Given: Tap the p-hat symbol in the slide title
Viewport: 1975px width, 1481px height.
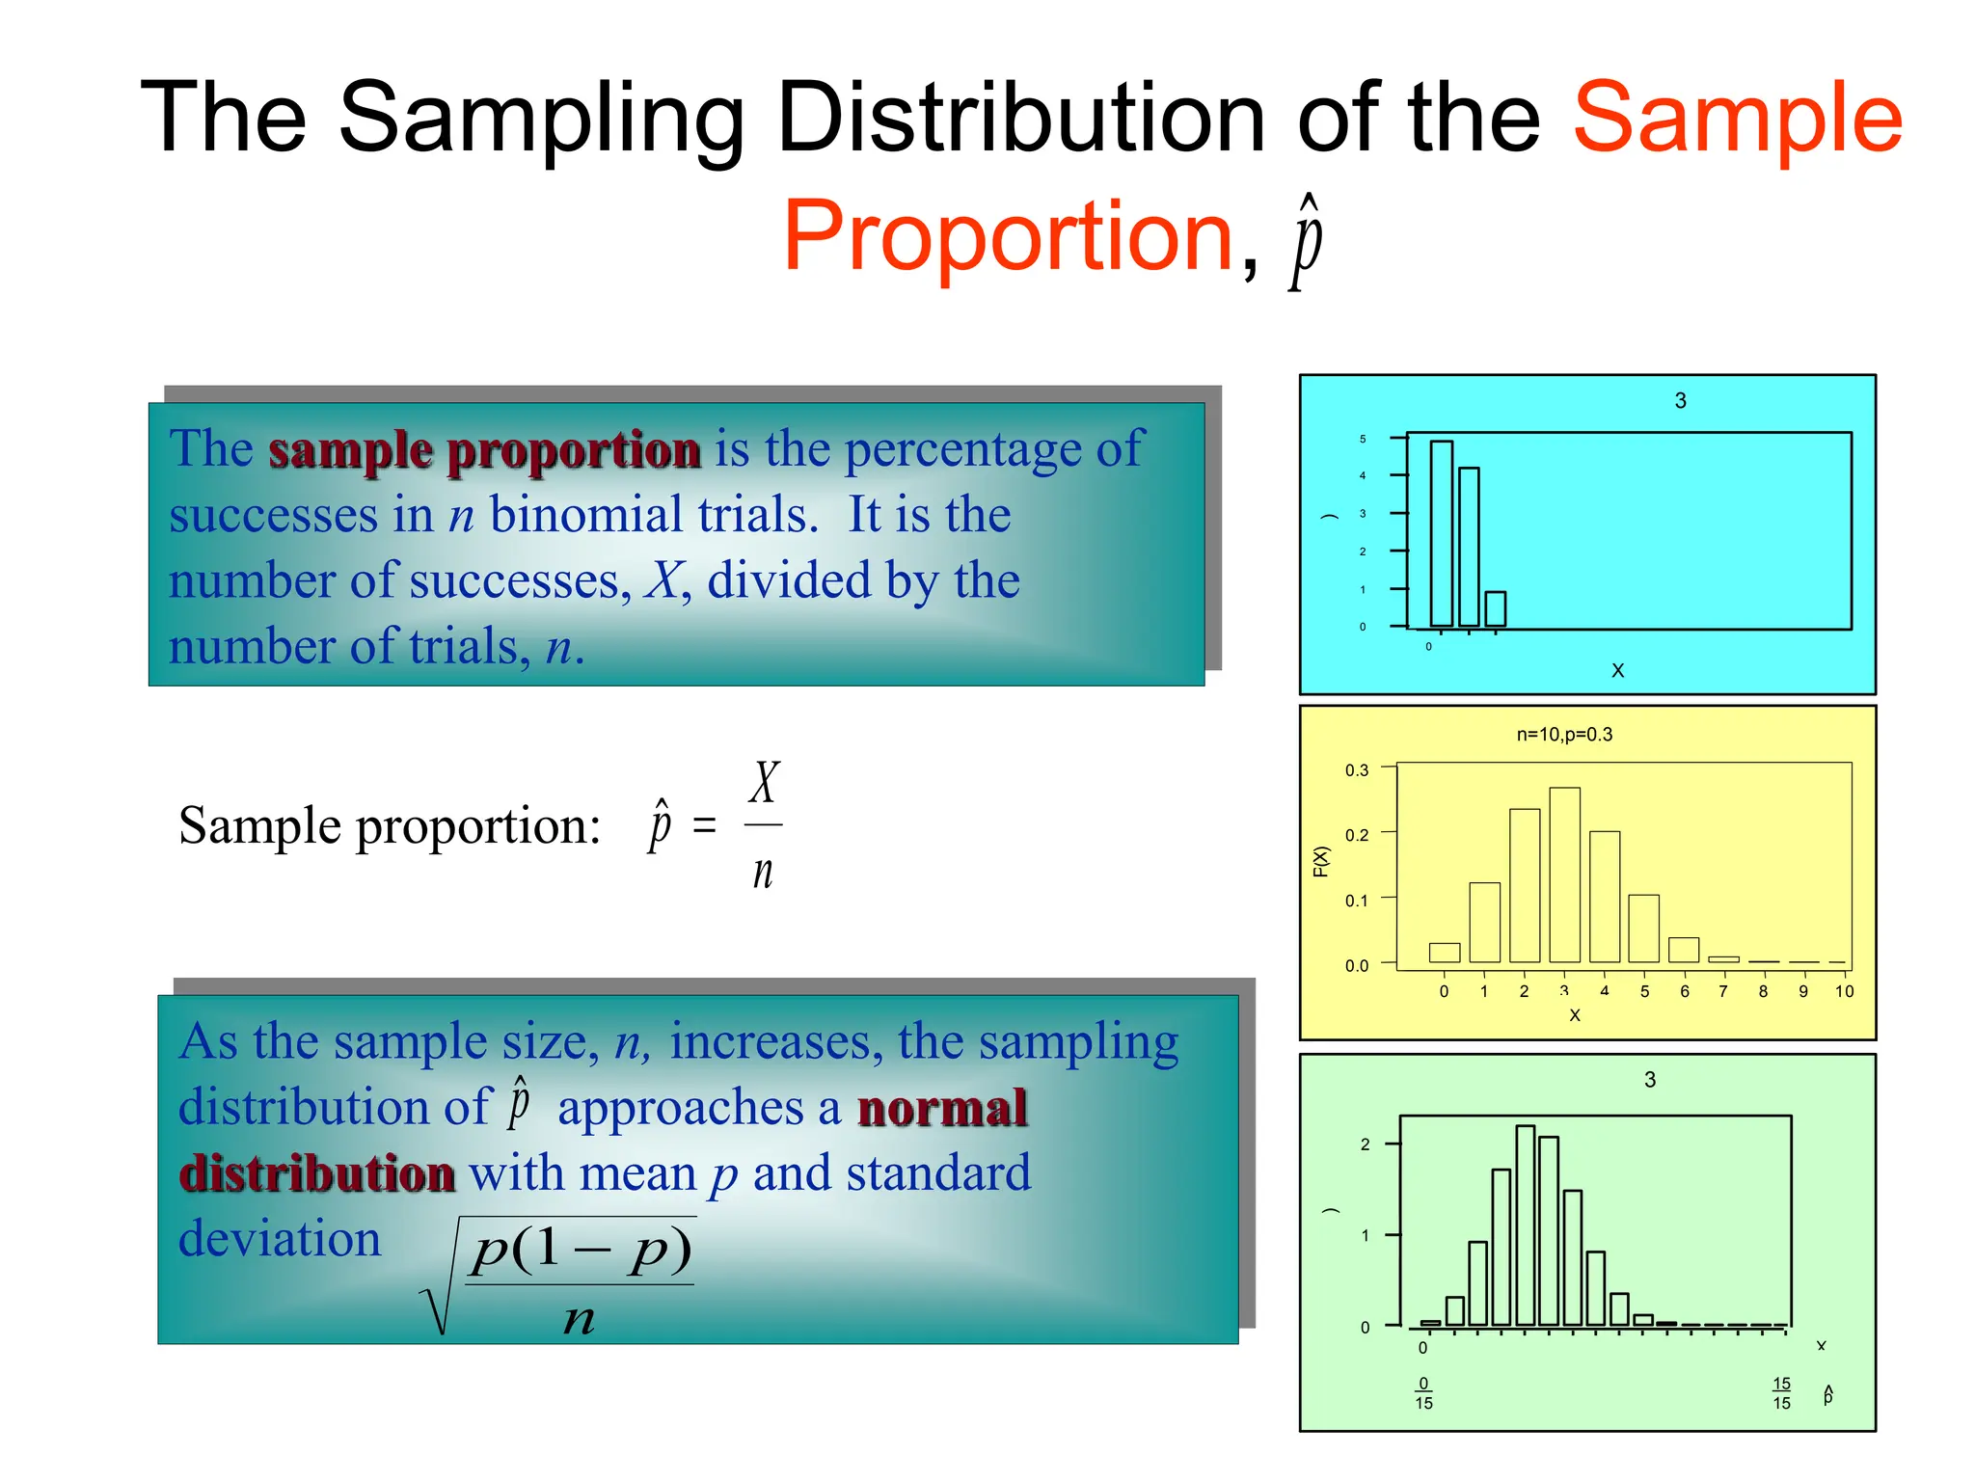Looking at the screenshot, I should click(1307, 241).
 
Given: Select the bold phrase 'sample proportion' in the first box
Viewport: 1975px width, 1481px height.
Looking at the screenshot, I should click(484, 450).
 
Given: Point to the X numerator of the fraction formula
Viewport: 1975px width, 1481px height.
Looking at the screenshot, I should click(764, 782).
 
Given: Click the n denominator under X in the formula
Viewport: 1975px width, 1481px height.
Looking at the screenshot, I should click(763, 872).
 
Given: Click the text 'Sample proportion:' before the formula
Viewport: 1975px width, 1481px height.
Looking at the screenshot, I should click(390, 826).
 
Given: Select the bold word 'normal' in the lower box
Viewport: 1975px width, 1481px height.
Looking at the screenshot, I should click(942, 1107).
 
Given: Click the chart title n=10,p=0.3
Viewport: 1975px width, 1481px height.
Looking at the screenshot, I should click(1564, 735).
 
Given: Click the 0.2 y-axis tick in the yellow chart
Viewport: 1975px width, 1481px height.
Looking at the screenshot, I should click(1356, 835).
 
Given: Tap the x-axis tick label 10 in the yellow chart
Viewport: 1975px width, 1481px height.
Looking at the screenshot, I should click(1844, 991).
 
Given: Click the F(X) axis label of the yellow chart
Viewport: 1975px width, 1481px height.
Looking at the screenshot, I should click(1321, 861).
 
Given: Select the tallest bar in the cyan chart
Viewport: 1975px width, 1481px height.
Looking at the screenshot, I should click(1441, 533).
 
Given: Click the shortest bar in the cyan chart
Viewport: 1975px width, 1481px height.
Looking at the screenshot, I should click(1495, 609).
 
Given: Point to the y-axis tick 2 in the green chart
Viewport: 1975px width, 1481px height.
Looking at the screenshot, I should click(1365, 1144).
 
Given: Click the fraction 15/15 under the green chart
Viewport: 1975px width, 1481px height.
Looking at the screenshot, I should click(1781, 1393).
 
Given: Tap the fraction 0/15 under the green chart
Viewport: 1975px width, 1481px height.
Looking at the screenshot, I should click(1423, 1393).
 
